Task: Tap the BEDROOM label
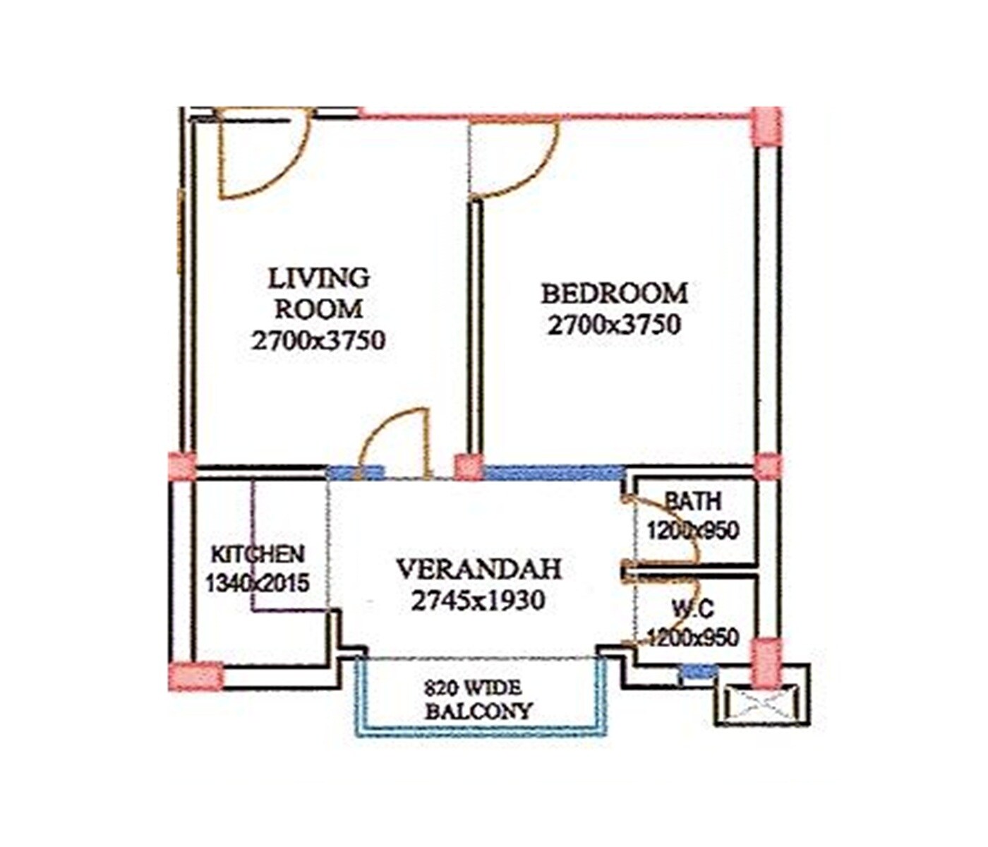(x=614, y=293)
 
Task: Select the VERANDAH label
(x=478, y=569)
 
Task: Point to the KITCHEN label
(x=258, y=554)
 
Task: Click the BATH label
(x=693, y=501)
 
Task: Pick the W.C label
(x=692, y=608)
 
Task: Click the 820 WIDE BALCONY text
(x=478, y=699)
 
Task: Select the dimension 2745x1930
(x=478, y=601)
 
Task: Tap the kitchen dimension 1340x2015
(x=258, y=583)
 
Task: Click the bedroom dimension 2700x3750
(x=614, y=325)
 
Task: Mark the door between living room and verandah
(x=395, y=445)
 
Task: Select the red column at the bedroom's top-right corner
(x=766, y=127)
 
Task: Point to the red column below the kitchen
(x=197, y=675)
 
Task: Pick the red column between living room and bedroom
(x=469, y=467)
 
